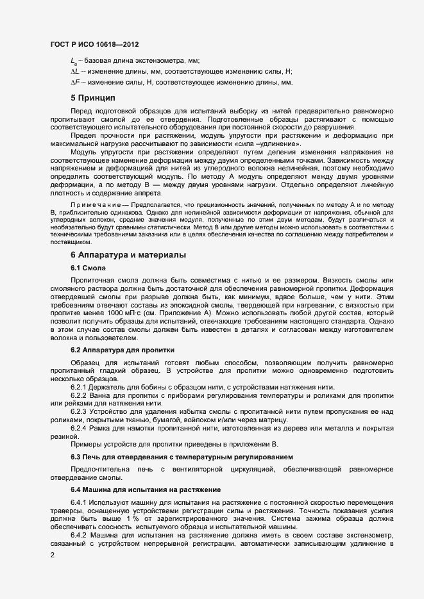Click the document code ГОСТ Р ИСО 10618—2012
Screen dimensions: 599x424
[94, 44]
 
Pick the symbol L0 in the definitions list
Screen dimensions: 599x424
[74, 61]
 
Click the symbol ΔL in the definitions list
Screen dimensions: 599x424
[74, 72]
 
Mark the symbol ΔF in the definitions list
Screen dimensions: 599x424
[74, 83]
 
